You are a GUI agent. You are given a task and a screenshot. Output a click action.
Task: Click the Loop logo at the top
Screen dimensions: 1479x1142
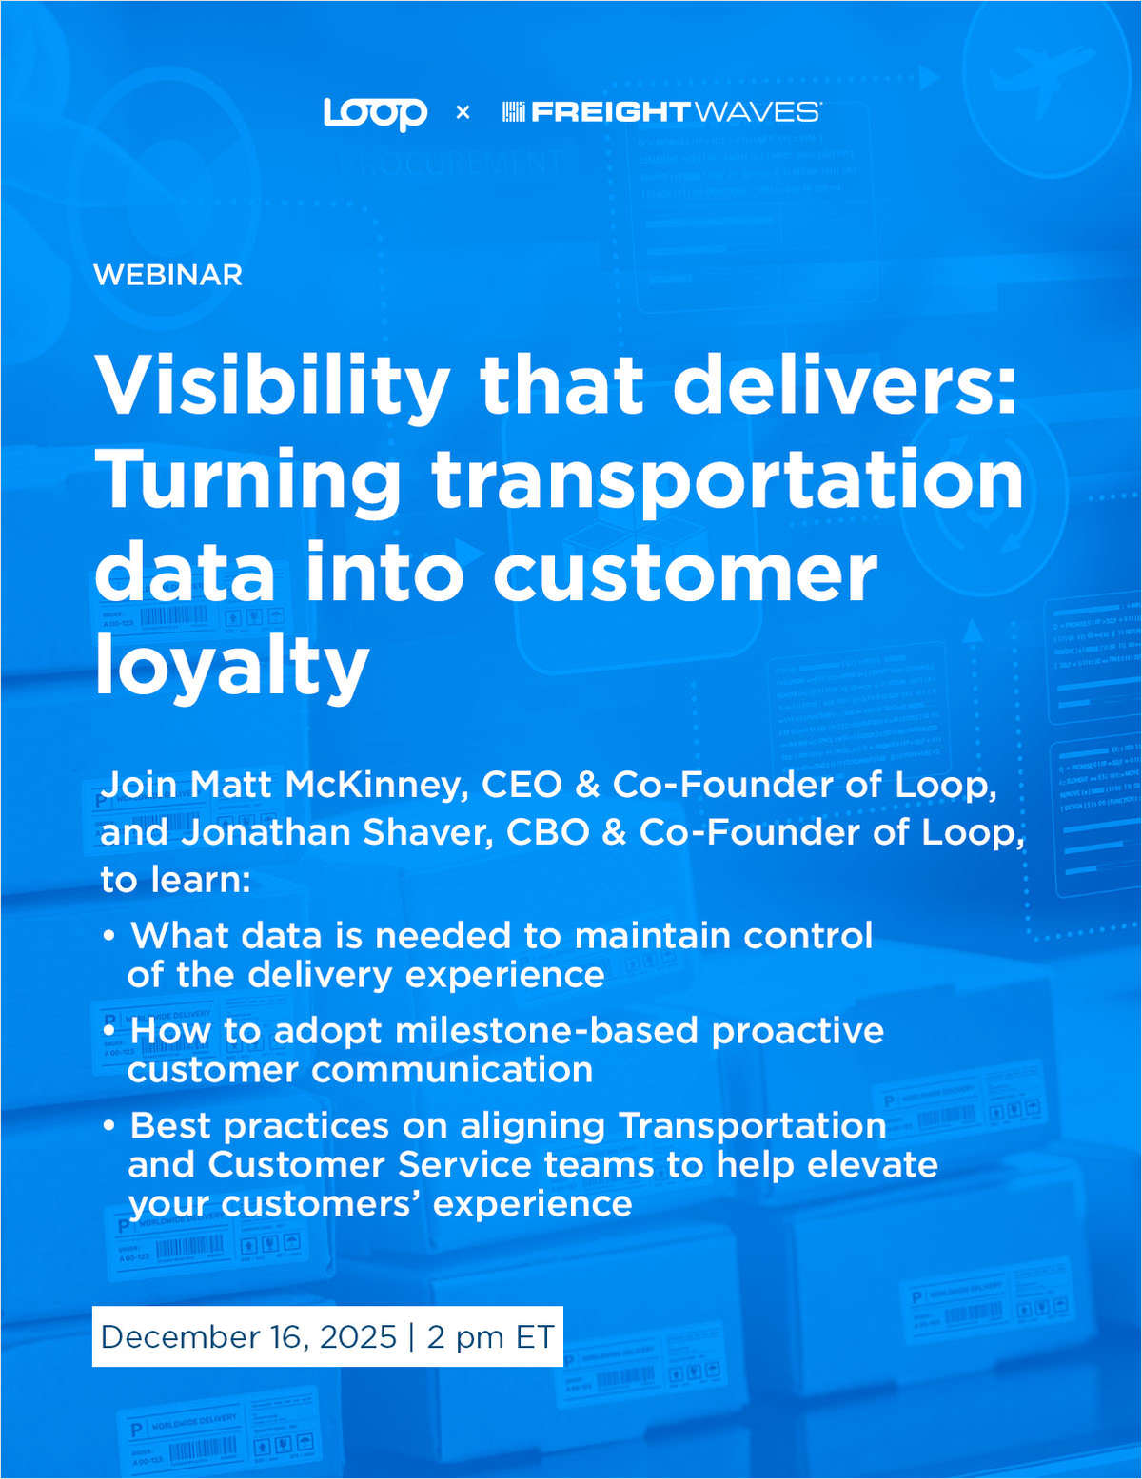click(x=375, y=112)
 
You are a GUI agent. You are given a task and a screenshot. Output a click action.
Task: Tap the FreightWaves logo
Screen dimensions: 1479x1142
click(x=661, y=112)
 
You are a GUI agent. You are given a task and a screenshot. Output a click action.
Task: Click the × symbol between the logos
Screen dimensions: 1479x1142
click(x=463, y=112)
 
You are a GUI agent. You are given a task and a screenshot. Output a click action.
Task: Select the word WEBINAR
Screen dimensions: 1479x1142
click(x=168, y=275)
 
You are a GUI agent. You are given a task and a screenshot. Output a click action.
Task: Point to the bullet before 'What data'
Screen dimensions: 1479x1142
click(x=109, y=936)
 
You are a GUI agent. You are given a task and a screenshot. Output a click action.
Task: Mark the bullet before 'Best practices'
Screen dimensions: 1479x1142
click(x=109, y=1126)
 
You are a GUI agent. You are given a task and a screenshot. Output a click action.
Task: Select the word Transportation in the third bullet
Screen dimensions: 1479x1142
click(x=753, y=1126)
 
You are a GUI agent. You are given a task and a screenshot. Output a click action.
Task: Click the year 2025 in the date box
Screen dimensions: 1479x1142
click(x=358, y=1336)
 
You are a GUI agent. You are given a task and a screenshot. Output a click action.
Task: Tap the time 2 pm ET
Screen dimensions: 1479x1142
click(x=490, y=1336)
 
